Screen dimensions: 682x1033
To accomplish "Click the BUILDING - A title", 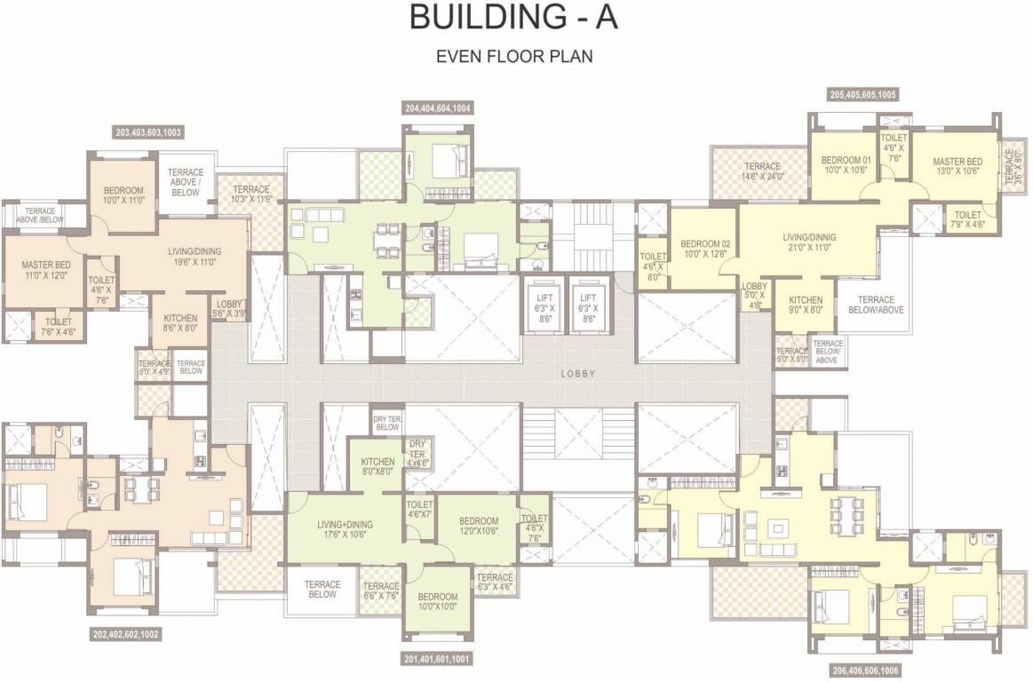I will click(514, 19).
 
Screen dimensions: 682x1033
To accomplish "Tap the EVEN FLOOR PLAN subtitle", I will click(514, 56).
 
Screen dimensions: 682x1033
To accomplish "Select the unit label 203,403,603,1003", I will click(148, 132).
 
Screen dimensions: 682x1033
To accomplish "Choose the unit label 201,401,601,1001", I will click(437, 660).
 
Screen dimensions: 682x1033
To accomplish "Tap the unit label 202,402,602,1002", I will click(126, 635).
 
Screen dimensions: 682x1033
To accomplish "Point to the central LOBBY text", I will click(577, 374).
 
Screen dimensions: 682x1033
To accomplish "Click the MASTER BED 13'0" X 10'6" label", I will click(957, 166).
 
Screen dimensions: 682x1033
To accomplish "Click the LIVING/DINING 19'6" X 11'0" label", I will click(195, 257).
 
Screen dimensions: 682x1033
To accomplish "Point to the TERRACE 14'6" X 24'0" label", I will click(762, 171).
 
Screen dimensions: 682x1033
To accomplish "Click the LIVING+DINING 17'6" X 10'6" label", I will click(345, 529).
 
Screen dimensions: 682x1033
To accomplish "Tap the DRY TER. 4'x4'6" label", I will click(417, 453).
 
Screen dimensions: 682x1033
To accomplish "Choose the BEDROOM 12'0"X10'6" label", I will click(479, 526).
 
